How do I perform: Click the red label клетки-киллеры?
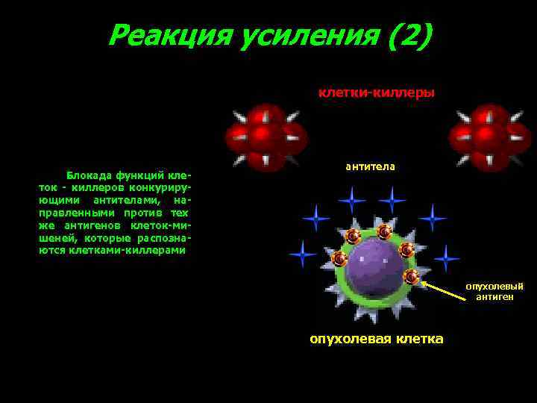coord(377,93)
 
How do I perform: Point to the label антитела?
coord(370,166)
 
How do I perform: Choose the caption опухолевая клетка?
coord(376,340)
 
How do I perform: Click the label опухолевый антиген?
coord(494,291)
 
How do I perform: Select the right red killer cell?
coord(488,136)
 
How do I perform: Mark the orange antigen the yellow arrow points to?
coord(411,277)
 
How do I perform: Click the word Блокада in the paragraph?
coord(86,175)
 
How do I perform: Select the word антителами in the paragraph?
coord(123,200)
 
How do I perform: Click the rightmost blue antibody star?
coord(446,258)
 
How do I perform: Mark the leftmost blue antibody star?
coord(302,254)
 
